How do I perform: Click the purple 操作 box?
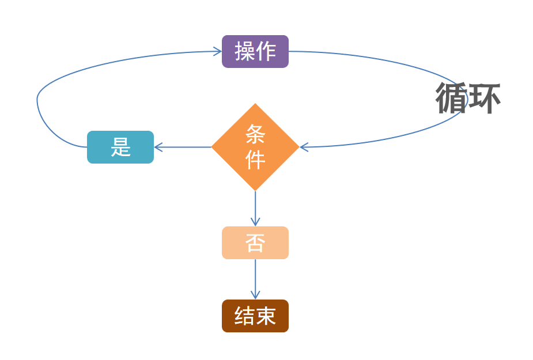pyautogui.click(x=255, y=51)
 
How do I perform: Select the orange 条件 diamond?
pyautogui.click(x=255, y=147)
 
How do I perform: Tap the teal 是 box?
pyautogui.click(x=120, y=147)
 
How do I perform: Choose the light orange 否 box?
pyautogui.click(x=255, y=242)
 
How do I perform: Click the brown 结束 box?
pyautogui.click(x=255, y=316)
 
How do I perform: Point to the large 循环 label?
pyautogui.click(x=467, y=98)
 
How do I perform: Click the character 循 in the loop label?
pyautogui.click(x=451, y=98)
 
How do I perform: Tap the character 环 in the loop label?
pyautogui.click(x=484, y=98)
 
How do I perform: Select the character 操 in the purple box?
pyautogui.click(x=244, y=51)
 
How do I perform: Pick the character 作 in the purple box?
pyautogui.click(x=266, y=51)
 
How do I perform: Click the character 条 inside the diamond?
pyautogui.click(x=255, y=135)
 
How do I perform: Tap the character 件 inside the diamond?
pyautogui.click(x=255, y=159)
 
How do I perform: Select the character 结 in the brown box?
pyautogui.click(x=244, y=316)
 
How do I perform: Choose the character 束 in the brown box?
pyautogui.click(x=266, y=316)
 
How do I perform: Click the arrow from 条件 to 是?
pyautogui.click(x=183, y=147)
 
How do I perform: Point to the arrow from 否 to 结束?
pyautogui.click(x=255, y=279)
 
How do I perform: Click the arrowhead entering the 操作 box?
pyautogui.click(x=218, y=51)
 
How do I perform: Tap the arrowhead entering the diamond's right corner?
pyautogui.click(x=304, y=147)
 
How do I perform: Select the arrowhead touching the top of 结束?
pyautogui.click(x=255, y=295)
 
